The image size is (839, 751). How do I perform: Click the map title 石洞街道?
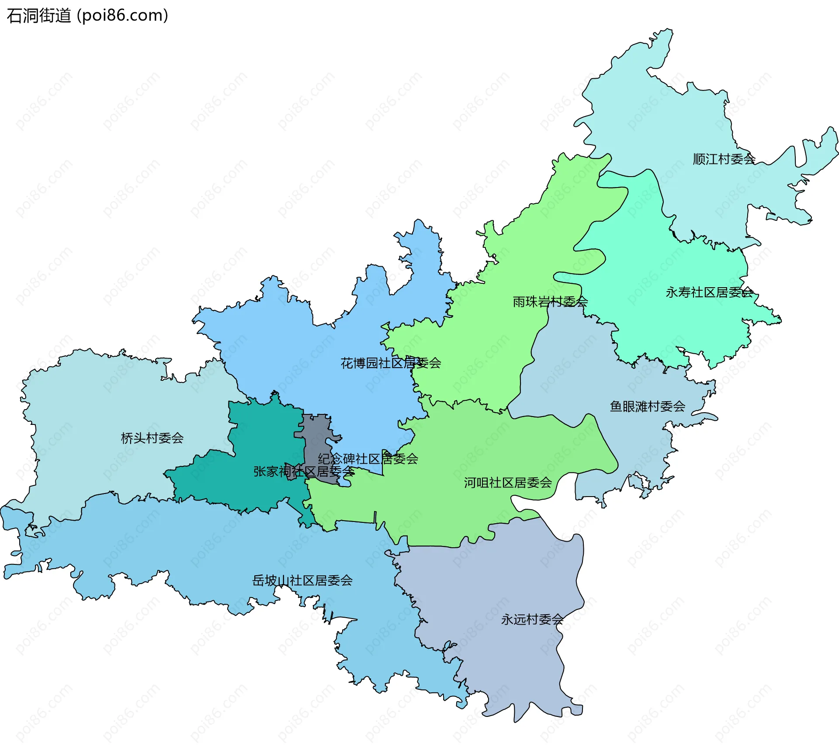[x=38, y=16]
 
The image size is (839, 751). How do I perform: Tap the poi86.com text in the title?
[x=122, y=16]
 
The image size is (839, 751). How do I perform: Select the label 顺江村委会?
[x=724, y=159]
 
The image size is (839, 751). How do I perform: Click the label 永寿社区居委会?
[x=709, y=292]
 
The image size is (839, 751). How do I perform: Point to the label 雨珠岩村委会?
[x=550, y=302]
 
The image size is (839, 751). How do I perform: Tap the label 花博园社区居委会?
[x=391, y=363]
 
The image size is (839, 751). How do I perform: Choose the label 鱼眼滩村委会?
[x=647, y=407]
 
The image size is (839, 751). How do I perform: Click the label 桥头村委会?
[x=152, y=438]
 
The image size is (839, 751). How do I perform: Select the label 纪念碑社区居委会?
[x=368, y=459]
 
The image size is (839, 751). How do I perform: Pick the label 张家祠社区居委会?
[x=304, y=472]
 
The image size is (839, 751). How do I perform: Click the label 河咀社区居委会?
[x=508, y=483]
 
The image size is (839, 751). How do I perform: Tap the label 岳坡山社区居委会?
[x=302, y=581]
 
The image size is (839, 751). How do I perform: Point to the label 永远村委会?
[x=532, y=619]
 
